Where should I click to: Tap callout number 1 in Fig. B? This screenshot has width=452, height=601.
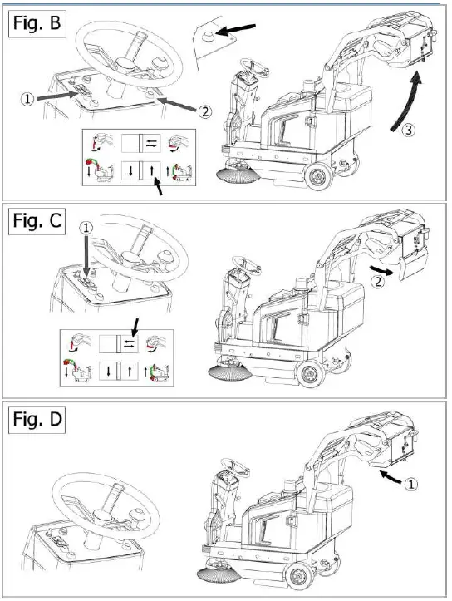27,97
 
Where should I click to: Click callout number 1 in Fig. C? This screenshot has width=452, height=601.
85,227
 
